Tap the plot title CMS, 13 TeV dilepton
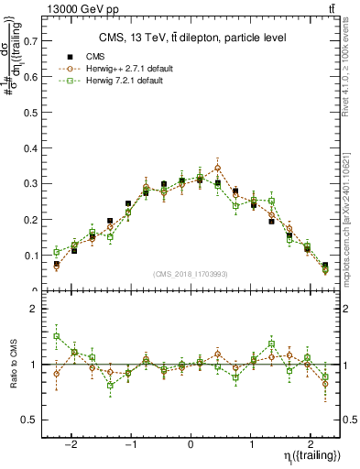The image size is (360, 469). click(x=192, y=38)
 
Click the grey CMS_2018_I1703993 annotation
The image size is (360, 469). click(x=190, y=274)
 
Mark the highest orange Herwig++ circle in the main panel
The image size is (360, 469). click(x=217, y=168)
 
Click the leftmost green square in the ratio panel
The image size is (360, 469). click(x=57, y=336)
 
